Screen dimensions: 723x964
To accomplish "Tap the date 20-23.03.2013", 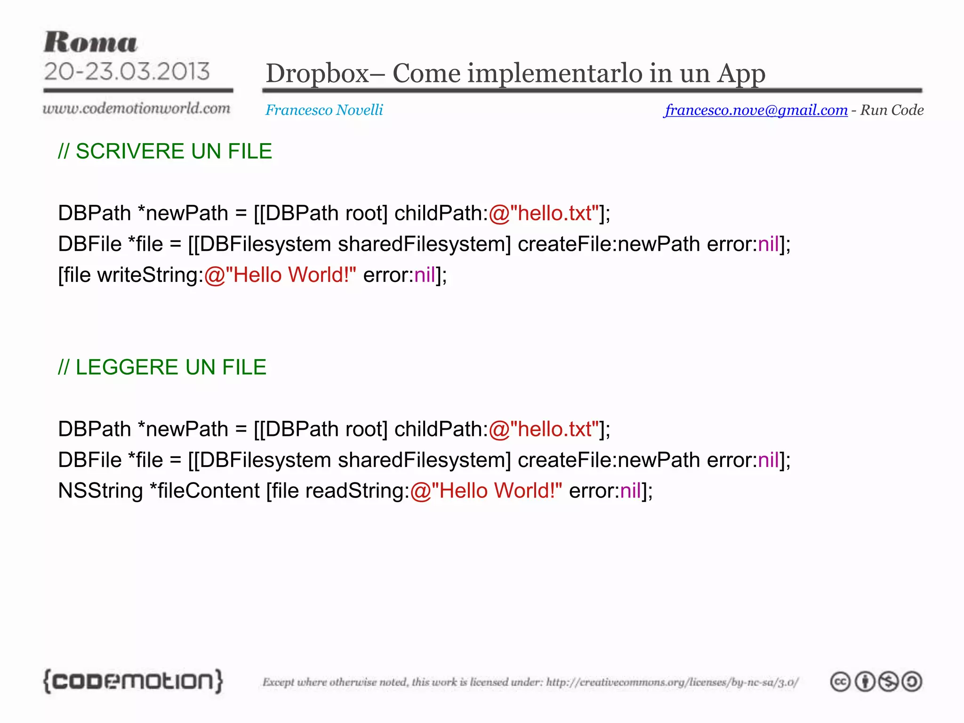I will point(127,72).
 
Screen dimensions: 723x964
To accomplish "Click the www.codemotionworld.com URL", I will point(137,109).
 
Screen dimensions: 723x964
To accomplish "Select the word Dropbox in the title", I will point(317,74).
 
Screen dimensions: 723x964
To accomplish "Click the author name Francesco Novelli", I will point(324,110).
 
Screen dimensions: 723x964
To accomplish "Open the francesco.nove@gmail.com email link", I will point(756,110).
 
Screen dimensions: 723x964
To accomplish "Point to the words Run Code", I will point(892,110).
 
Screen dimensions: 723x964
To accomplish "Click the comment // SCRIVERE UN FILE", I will point(165,152).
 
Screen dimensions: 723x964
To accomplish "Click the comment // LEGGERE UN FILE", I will point(162,368).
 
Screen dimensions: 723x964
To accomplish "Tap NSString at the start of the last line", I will point(100,491).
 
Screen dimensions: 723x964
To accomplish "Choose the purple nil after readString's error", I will point(630,491).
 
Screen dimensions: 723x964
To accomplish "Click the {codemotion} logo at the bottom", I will point(133,681).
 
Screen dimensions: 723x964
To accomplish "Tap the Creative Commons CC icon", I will point(840,682).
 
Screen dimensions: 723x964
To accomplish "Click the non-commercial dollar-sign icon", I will point(888,682).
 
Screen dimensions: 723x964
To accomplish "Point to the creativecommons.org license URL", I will point(672,682).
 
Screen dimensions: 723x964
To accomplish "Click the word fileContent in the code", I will point(208,491).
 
